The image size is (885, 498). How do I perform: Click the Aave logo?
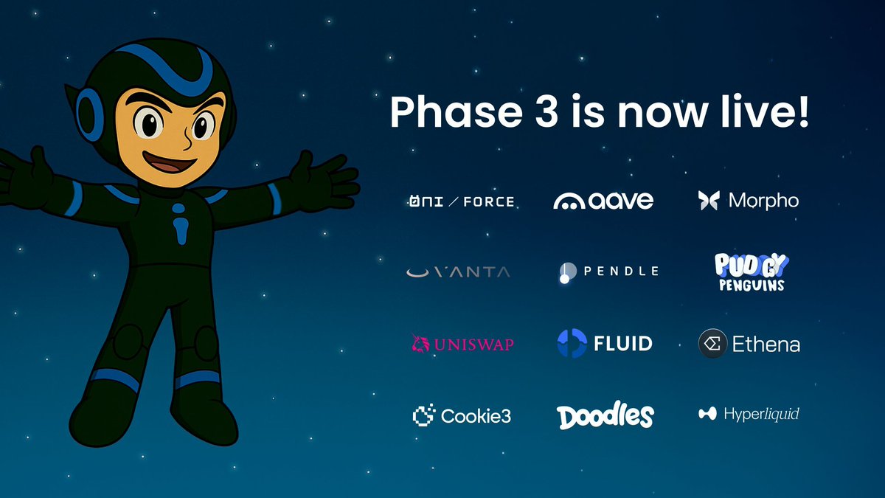(x=603, y=201)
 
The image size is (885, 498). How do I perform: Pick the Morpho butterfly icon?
(x=709, y=201)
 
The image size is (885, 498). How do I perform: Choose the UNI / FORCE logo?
(x=462, y=201)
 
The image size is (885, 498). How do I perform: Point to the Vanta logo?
(x=458, y=272)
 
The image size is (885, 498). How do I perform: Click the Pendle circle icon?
(x=567, y=272)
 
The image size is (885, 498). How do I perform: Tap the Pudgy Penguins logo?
(x=752, y=272)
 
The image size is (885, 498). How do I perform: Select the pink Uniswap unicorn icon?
(x=420, y=344)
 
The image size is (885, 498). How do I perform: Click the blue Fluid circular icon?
(x=572, y=343)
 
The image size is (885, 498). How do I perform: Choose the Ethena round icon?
(x=712, y=344)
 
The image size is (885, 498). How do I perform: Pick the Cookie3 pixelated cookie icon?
(x=424, y=415)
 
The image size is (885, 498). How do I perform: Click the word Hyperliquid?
(x=761, y=414)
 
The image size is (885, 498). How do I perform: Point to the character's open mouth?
(x=170, y=162)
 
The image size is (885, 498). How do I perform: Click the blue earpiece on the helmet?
(x=90, y=114)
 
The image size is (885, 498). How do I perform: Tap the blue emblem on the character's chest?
(x=179, y=224)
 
